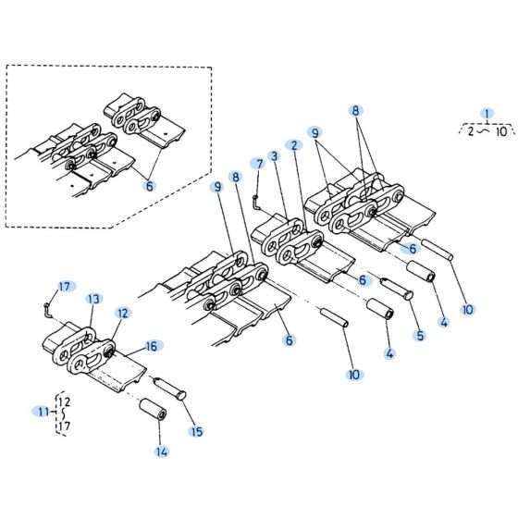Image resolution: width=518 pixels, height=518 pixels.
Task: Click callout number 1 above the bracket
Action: [x=487, y=115]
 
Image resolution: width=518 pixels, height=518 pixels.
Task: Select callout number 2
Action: [x=294, y=145]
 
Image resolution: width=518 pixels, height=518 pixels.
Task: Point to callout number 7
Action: [x=259, y=164]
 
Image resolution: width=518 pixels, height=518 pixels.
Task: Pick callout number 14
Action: [x=162, y=452]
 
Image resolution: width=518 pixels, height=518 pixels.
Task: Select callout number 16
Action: [x=154, y=345]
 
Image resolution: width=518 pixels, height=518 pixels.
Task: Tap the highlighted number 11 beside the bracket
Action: [x=43, y=411]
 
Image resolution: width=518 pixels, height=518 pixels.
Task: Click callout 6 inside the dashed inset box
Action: [x=150, y=184]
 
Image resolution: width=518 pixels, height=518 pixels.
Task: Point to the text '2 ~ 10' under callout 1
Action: [x=487, y=131]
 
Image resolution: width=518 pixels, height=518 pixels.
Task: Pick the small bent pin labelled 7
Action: [x=254, y=198]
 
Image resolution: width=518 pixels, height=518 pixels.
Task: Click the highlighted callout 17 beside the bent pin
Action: [x=65, y=286]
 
